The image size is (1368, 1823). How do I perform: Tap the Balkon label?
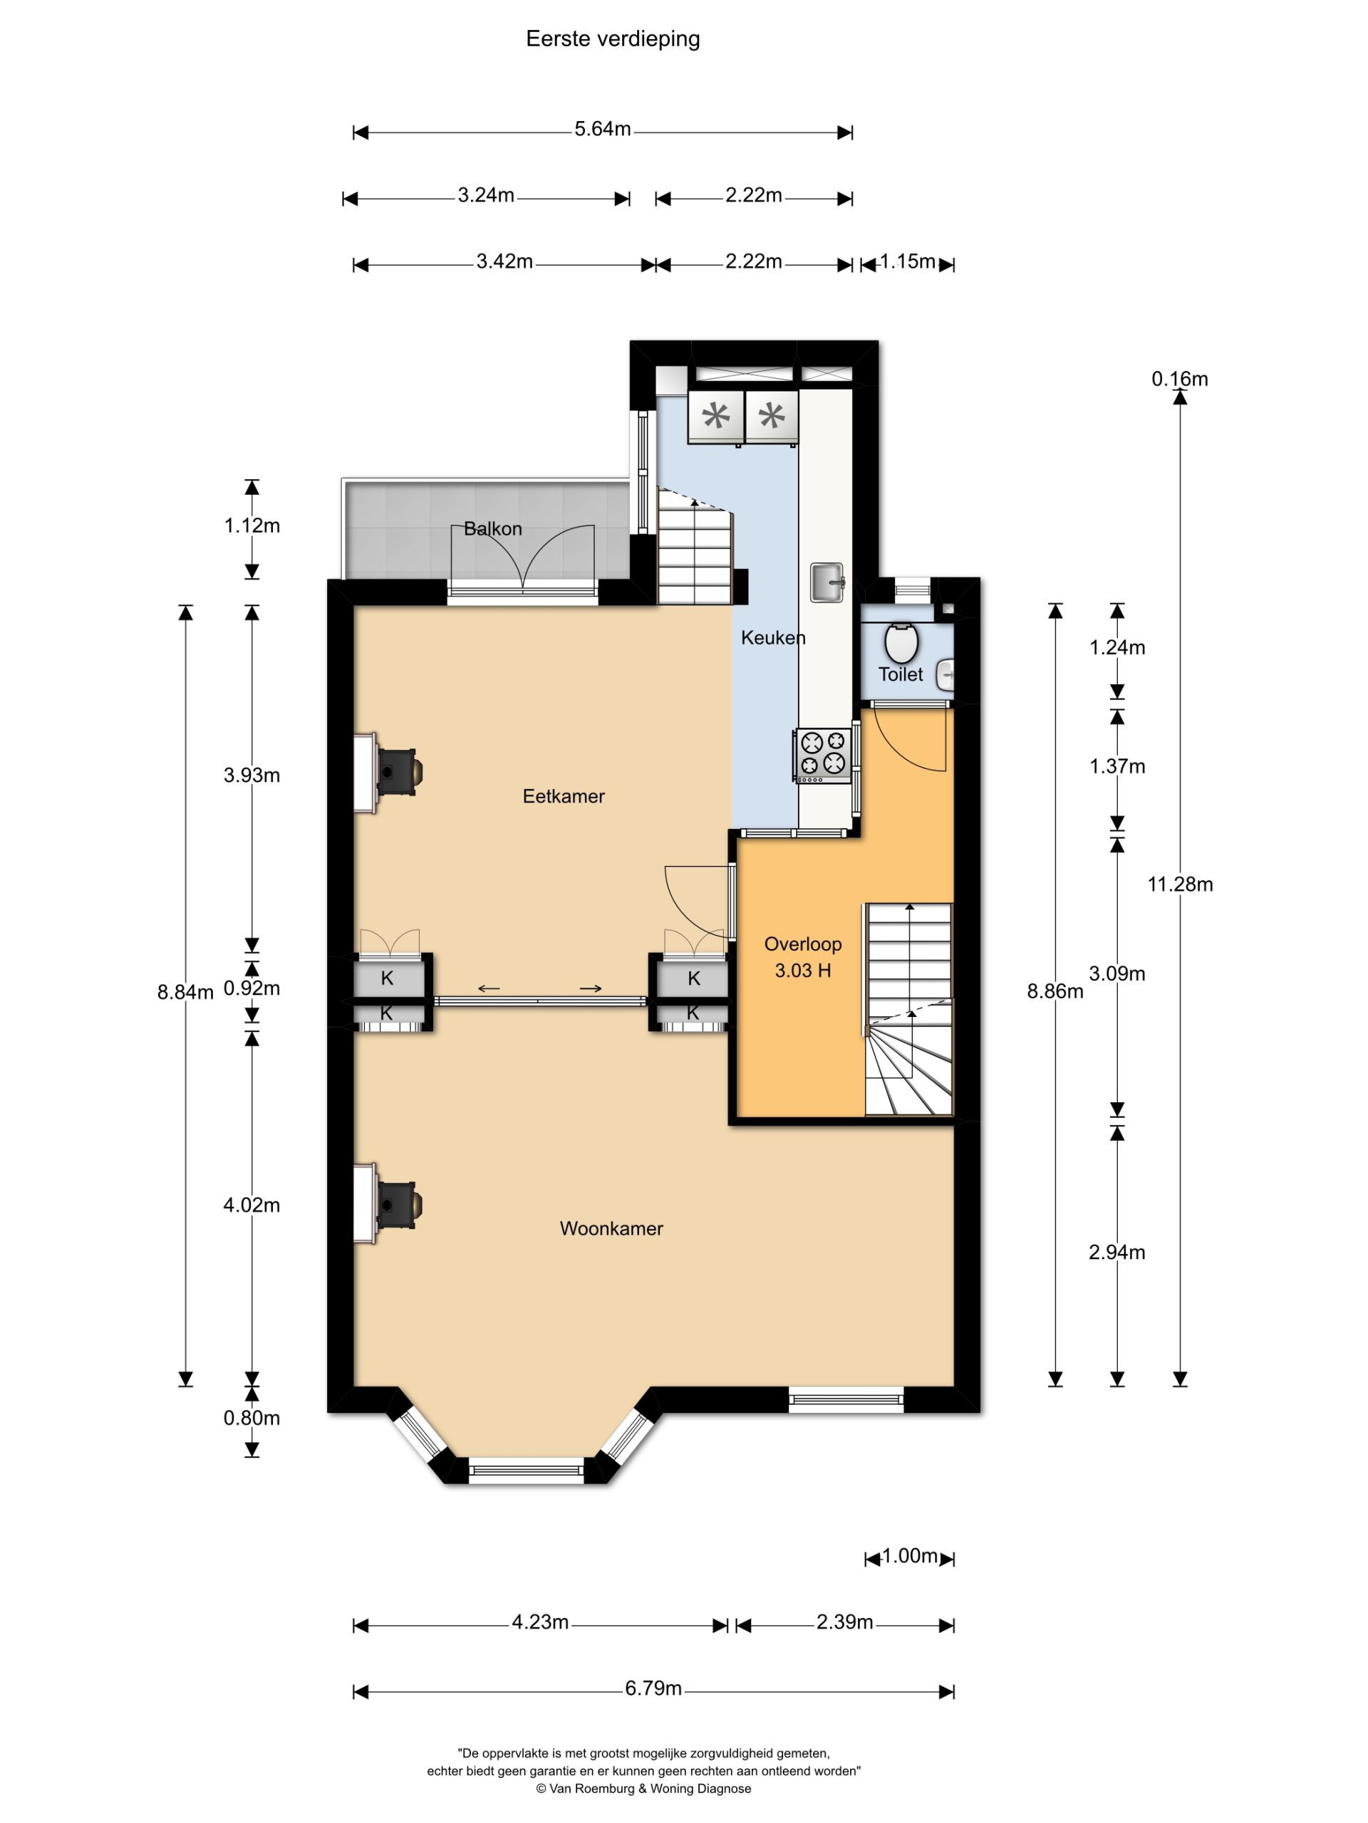point(492,528)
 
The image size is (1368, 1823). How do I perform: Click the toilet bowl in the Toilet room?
point(902,643)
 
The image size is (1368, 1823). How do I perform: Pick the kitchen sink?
point(827,583)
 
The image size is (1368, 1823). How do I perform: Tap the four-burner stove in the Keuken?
point(822,756)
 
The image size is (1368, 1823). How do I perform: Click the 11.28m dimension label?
point(1180,884)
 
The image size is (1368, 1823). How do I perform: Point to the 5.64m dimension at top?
point(603,130)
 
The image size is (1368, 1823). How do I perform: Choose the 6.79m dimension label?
point(653,1688)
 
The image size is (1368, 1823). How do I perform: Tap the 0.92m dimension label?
point(252,988)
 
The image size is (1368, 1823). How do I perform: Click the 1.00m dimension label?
point(910,1556)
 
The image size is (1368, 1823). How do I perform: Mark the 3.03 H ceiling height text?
point(802,970)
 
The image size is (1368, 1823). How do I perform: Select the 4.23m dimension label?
point(540,1622)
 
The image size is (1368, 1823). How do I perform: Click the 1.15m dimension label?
point(907,261)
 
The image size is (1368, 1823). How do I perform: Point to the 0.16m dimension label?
point(1180,379)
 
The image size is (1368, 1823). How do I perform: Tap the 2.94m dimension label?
point(1116,1252)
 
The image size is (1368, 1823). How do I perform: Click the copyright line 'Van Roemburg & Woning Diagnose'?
point(644,1788)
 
